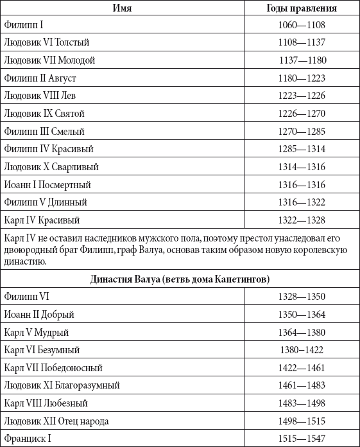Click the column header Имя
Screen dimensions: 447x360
pyautogui.click(x=122, y=8)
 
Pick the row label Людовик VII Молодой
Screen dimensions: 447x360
pyautogui.click(x=49, y=60)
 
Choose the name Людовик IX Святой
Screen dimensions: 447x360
pyautogui.click(x=44, y=114)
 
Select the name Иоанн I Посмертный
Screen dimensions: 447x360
pyautogui.click(x=47, y=184)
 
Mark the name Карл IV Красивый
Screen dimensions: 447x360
pyautogui.click(x=42, y=220)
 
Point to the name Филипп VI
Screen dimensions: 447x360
pyautogui.click(x=26, y=297)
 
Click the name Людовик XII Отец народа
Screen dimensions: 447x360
pyautogui.click(x=56, y=421)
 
